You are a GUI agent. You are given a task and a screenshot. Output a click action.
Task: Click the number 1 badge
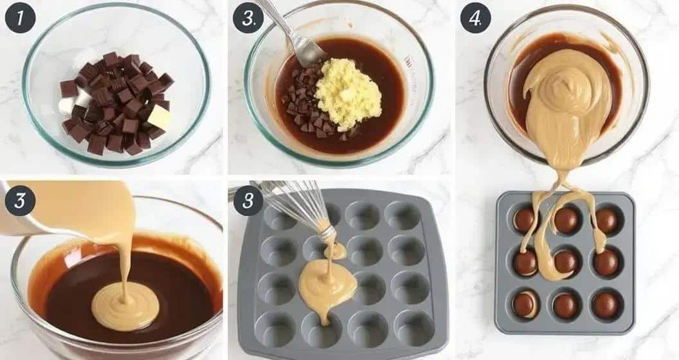click(20, 19)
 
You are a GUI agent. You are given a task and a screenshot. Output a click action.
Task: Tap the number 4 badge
click(475, 19)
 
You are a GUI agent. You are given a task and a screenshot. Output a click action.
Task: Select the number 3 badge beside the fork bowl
click(248, 19)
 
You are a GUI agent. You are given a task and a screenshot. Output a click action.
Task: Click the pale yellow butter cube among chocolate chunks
click(159, 117)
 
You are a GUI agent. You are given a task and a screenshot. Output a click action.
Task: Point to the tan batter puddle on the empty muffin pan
click(328, 282)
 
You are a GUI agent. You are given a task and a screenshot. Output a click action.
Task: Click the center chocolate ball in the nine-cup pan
click(566, 262)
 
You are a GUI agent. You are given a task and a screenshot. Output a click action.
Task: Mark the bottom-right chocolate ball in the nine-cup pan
click(606, 305)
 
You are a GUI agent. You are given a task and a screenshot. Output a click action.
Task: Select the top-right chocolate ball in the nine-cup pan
click(607, 221)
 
